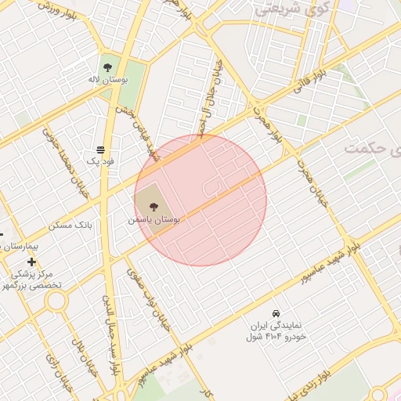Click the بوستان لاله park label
107,80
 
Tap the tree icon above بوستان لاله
107,65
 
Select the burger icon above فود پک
101,149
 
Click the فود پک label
100,161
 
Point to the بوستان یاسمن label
155,222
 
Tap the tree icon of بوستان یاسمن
153,208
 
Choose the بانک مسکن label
70,225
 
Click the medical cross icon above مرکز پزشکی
31,262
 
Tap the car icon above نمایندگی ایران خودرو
275,312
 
